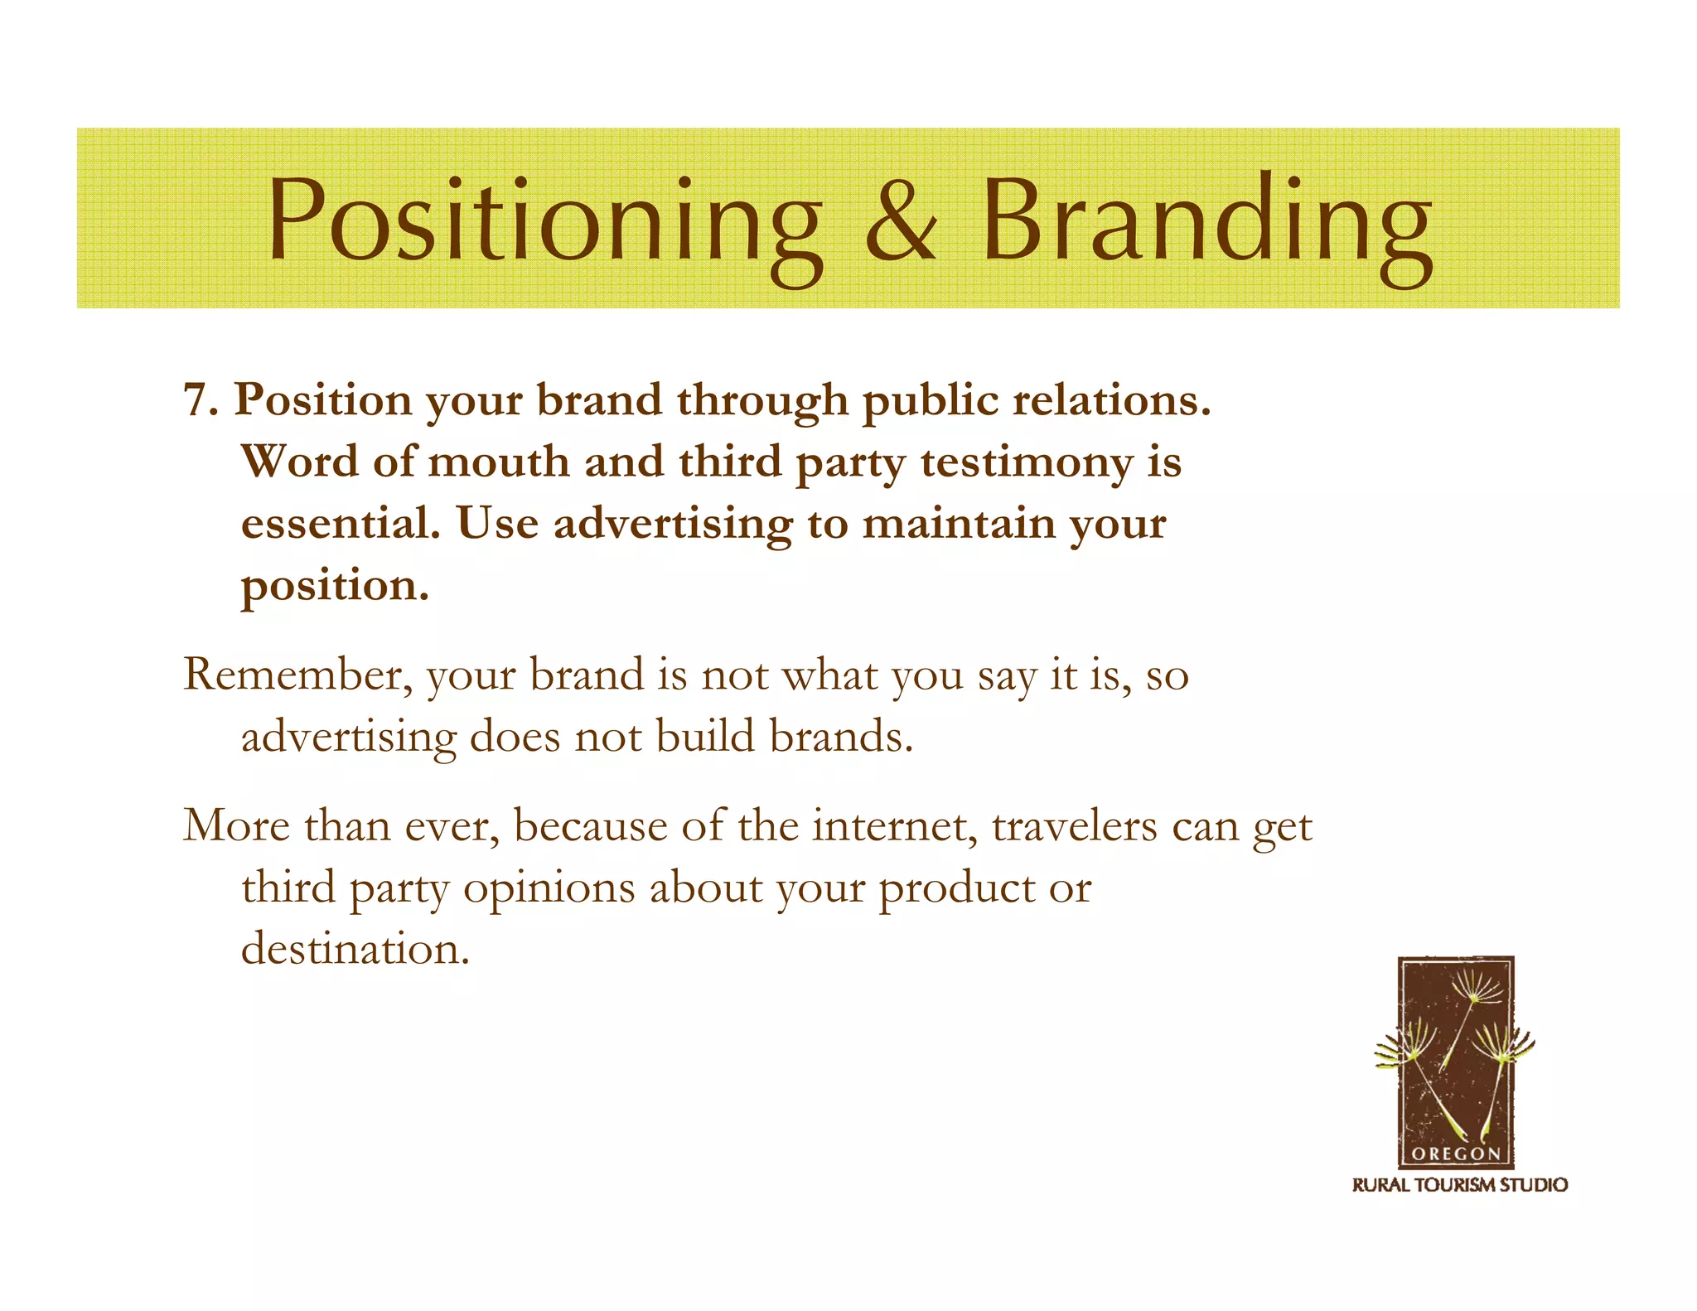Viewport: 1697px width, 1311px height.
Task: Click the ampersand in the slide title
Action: click(x=902, y=222)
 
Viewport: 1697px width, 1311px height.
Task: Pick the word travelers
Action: click(x=1074, y=826)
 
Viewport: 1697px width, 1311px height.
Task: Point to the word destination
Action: click(x=355, y=949)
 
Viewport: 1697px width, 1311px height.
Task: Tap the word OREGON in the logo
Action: click(x=1456, y=1154)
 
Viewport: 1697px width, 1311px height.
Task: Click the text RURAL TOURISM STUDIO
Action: click(x=1459, y=1185)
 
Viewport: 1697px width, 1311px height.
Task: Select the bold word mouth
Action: click(x=498, y=462)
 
